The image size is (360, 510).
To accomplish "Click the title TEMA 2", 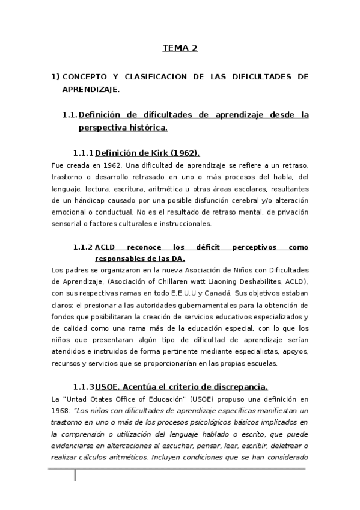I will coord(180,49).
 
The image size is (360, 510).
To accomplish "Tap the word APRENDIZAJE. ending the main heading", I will coord(91,89).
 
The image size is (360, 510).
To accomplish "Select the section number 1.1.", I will coord(70,114).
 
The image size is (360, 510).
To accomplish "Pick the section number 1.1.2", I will coord(83,247).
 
